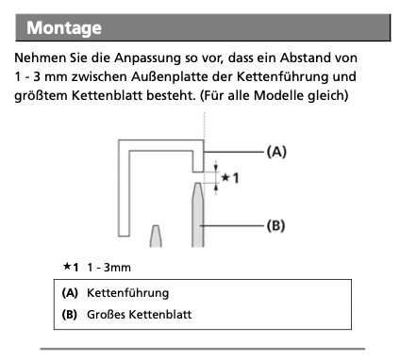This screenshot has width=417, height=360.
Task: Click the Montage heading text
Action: (x=64, y=28)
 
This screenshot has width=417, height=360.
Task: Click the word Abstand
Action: (x=304, y=58)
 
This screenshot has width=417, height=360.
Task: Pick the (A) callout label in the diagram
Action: (x=276, y=152)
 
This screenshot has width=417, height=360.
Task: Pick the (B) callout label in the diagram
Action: (x=275, y=225)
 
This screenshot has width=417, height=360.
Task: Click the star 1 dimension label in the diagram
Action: (x=230, y=178)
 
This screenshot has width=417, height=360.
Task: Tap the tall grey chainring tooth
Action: (x=198, y=215)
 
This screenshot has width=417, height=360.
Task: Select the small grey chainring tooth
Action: (x=156, y=236)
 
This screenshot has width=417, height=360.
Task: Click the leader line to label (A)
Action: (x=234, y=152)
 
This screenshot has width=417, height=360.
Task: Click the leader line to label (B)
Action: (x=231, y=225)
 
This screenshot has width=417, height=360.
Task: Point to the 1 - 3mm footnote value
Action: (x=108, y=268)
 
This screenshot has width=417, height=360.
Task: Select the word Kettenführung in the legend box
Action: (x=127, y=293)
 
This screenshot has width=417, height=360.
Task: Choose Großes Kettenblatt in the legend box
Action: (x=139, y=315)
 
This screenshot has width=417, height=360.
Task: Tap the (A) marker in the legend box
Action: (x=70, y=293)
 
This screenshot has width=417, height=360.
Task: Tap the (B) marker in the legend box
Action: (x=70, y=315)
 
